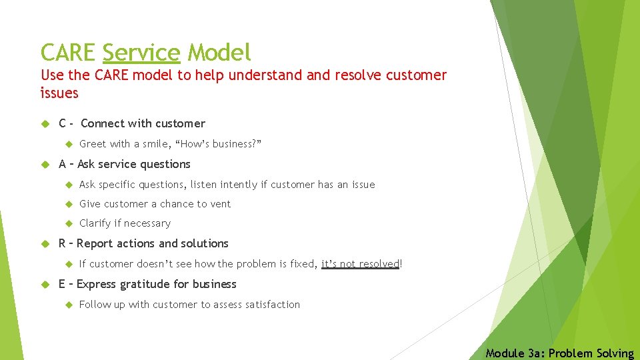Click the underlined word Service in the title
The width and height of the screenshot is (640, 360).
coord(141,52)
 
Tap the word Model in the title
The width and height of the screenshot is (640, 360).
coord(219,52)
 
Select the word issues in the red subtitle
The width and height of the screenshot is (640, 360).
coord(59,93)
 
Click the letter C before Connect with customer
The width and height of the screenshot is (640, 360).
coord(63,123)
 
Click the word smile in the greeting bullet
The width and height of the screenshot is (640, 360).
coord(151,143)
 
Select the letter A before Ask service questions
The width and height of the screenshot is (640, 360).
coord(63,164)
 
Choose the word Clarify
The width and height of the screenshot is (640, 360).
coord(95,223)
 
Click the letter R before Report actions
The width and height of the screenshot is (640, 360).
coord(63,243)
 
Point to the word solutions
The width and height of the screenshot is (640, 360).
coord(205,243)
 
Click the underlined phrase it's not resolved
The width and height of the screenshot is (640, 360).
coord(360,264)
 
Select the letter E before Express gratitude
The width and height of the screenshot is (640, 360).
coord(63,284)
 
